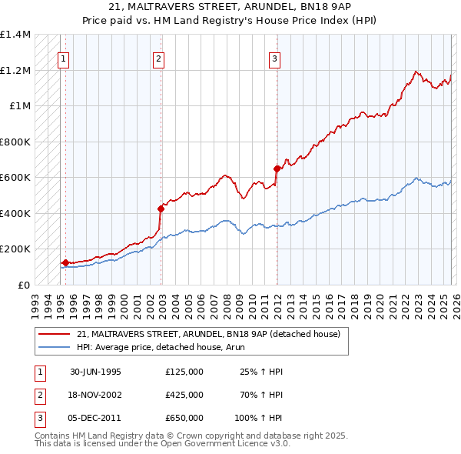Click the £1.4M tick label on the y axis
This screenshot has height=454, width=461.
pyautogui.click(x=15, y=35)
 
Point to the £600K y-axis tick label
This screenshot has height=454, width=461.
pyautogui.click(x=15, y=178)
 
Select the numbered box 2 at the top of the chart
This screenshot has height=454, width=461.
pyautogui.click(x=158, y=58)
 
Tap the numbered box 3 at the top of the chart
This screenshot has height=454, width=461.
pyautogui.click(x=274, y=58)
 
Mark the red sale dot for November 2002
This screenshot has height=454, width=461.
pyautogui.click(x=161, y=209)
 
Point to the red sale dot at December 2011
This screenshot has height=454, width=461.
pyautogui.click(x=277, y=169)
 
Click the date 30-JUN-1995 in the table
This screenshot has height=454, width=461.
pyautogui.click(x=95, y=372)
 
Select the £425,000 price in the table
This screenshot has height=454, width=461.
pyautogui.click(x=184, y=395)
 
